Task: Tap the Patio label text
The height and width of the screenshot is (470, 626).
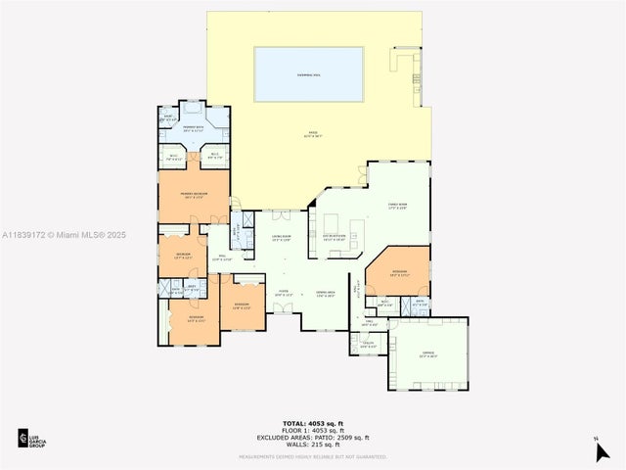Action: click(314, 133)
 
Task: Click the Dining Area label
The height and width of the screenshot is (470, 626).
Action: click(326, 293)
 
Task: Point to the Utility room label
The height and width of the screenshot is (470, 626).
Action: click(367, 345)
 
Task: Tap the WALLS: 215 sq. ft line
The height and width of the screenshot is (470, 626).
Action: click(312, 445)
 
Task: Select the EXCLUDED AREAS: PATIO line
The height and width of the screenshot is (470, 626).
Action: click(312, 438)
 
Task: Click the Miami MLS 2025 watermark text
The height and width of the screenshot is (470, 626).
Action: click(65, 235)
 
